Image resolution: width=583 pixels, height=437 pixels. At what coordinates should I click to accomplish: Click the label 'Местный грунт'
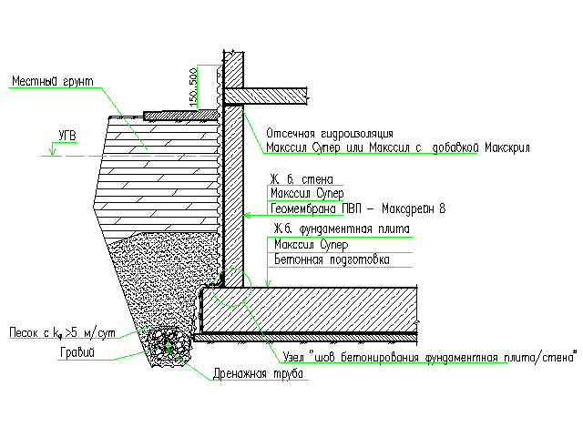click(x=53, y=81)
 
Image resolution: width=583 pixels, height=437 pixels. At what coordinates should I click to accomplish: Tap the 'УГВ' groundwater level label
click(x=67, y=136)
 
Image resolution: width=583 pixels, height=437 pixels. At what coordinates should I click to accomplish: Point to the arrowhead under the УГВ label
click(x=52, y=151)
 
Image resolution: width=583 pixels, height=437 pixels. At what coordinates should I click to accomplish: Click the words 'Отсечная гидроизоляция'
click(x=330, y=134)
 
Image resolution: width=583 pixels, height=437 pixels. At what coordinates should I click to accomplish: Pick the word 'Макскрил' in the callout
click(x=507, y=147)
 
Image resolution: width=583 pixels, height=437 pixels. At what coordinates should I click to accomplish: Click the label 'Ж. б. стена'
click(x=302, y=179)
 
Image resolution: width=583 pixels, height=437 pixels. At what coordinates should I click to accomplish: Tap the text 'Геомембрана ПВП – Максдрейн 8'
click(x=358, y=208)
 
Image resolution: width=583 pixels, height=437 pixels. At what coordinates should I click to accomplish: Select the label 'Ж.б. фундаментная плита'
click(x=342, y=229)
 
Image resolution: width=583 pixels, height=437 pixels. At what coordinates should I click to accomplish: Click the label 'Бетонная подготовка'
click(x=332, y=259)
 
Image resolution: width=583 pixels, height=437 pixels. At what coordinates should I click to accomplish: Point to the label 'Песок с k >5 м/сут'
click(x=62, y=332)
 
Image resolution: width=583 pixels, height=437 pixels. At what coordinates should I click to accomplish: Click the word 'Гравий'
click(x=77, y=352)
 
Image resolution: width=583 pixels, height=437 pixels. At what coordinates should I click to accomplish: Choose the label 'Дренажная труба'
click(x=258, y=374)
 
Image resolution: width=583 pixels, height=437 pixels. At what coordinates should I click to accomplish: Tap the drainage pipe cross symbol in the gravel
click(x=168, y=346)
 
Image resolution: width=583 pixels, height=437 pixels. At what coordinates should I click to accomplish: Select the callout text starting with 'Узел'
click(x=430, y=357)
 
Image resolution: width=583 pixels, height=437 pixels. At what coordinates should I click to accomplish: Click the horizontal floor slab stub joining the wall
click(x=265, y=96)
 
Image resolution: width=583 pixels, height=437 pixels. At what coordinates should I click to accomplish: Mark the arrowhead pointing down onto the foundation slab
click(x=268, y=282)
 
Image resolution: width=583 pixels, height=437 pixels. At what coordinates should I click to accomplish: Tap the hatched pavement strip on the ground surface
click(x=181, y=116)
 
